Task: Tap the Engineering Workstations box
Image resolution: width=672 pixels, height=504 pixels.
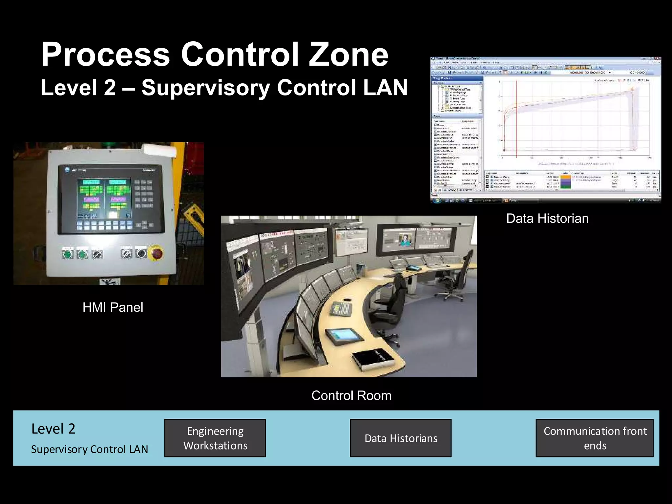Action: (215, 438)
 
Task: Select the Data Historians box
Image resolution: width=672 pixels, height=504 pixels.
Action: (401, 438)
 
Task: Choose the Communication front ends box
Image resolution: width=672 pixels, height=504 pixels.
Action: (595, 438)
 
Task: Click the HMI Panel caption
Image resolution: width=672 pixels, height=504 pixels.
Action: (113, 307)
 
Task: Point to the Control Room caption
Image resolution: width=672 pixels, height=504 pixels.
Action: (351, 395)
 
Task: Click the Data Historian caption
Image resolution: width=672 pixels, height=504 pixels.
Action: (547, 219)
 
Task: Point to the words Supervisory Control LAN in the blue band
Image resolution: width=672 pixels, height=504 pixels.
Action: (89, 449)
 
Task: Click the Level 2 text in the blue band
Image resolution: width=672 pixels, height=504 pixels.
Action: (53, 429)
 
